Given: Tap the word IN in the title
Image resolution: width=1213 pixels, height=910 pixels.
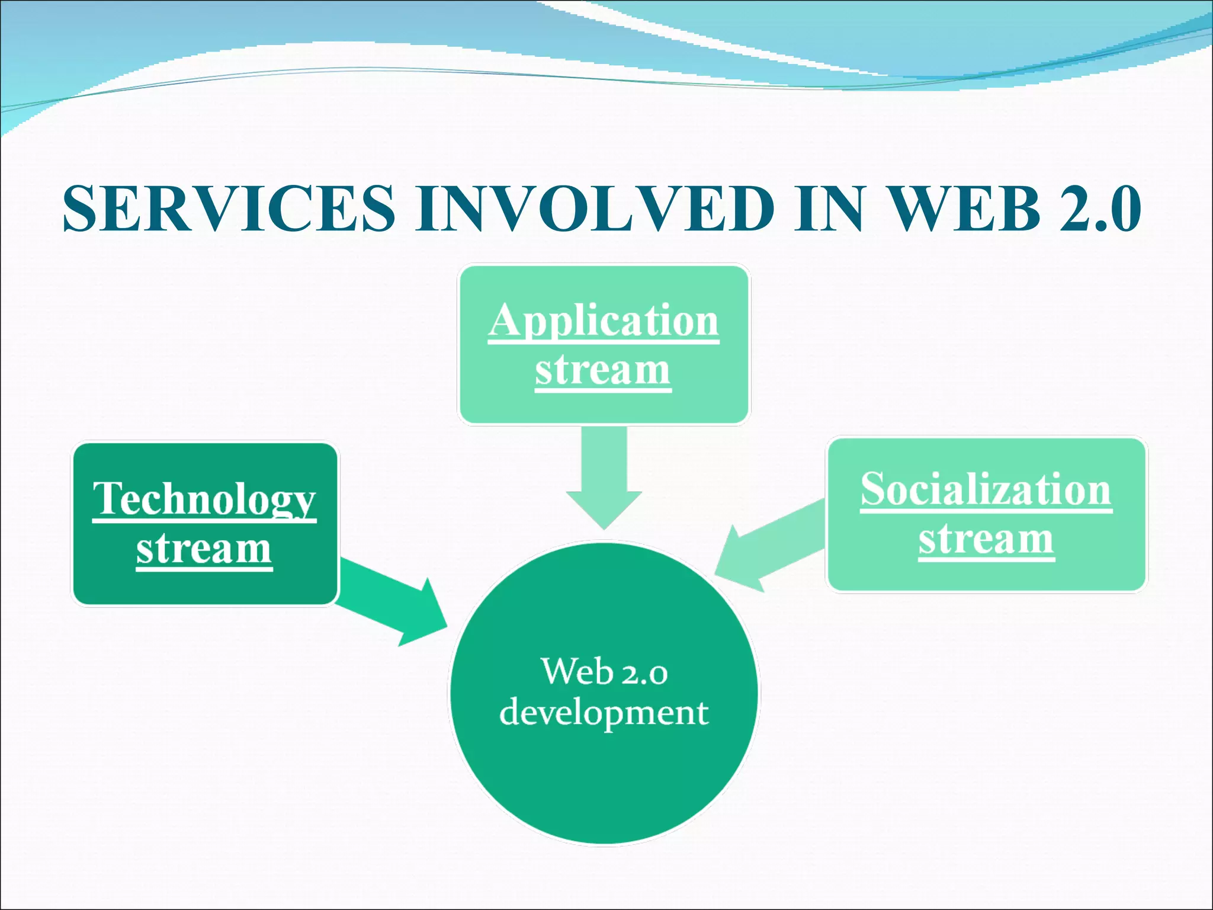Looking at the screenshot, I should tap(829, 209).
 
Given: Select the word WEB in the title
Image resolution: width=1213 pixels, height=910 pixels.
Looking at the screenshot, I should tap(965, 209).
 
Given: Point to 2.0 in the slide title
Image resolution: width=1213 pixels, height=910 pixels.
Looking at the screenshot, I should tap(1100, 209).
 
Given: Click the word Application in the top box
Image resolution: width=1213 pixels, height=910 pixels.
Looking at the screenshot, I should tap(604, 321).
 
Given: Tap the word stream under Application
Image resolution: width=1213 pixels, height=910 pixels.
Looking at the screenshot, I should tap(603, 370).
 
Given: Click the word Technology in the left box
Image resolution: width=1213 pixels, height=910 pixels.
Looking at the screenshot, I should tap(204, 499).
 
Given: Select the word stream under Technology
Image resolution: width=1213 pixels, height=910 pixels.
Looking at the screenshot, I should tap(204, 549).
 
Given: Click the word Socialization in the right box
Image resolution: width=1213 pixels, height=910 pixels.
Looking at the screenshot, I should tap(986, 490).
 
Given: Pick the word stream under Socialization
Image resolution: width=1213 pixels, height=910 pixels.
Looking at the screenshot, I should tap(986, 539).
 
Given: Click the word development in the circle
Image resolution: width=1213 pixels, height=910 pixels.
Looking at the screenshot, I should tap(604, 712).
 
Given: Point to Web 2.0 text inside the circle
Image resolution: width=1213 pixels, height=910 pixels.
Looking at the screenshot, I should tap(604, 672).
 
